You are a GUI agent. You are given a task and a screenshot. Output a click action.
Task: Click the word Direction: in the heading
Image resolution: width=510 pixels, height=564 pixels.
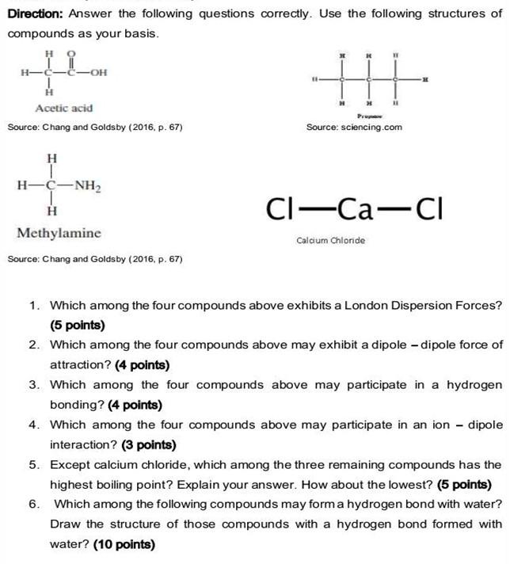point(36,13)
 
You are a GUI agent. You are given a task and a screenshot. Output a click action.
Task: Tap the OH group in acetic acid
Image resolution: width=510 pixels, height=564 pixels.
point(99,74)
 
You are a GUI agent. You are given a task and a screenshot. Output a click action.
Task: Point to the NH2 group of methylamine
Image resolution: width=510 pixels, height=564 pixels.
point(87,186)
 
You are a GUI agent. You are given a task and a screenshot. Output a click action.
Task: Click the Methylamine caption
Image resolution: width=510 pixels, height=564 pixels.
point(59,234)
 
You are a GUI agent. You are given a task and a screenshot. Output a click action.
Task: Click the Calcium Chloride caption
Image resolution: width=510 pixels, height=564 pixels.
point(331,240)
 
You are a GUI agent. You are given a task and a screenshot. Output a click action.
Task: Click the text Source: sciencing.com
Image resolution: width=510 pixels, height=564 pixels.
point(354,127)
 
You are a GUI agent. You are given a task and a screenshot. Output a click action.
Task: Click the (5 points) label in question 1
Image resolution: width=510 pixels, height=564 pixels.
point(77,325)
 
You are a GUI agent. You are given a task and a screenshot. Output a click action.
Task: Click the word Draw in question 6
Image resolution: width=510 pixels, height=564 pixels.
point(66,524)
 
